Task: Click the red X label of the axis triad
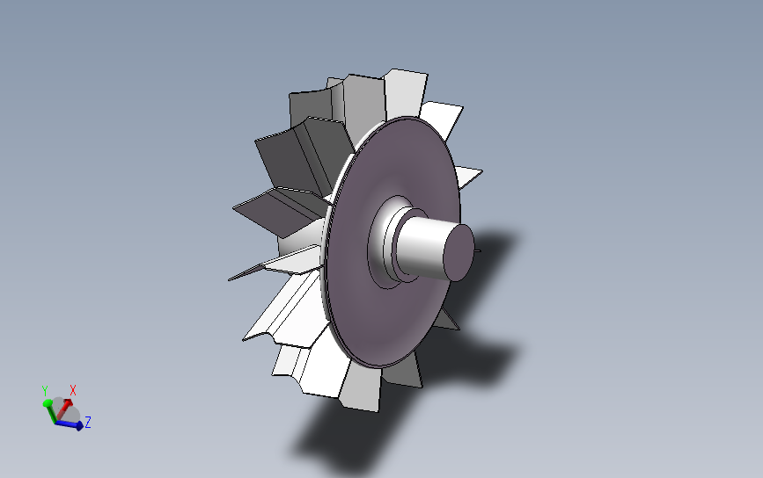(73, 390)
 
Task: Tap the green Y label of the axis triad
(45, 390)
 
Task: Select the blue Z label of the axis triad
(88, 422)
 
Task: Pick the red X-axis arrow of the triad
(63, 410)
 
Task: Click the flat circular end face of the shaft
(459, 252)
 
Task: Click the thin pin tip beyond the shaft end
(478, 251)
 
